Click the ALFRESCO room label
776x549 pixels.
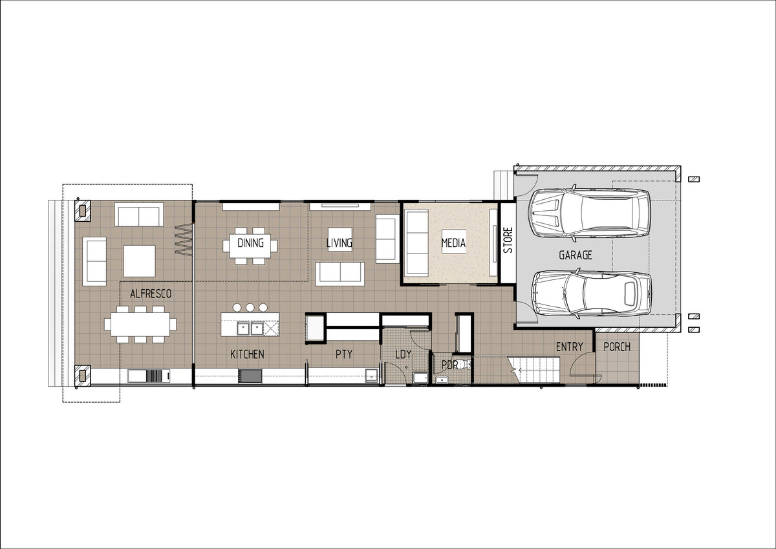pyautogui.click(x=151, y=294)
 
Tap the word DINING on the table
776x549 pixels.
pyautogui.click(x=250, y=242)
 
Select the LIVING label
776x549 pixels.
pyautogui.click(x=339, y=242)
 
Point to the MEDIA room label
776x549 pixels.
pyautogui.click(x=453, y=242)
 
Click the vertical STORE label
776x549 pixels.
pyautogui.click(x=508, y=240)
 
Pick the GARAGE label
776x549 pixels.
pyautogui.click(x=576, y=255)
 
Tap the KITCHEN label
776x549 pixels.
pyautogui.click(x=247, y=354)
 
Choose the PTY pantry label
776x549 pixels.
pyautogui.click(x=344, y=354)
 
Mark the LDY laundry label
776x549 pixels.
pyautogui.click(x=404, y=354)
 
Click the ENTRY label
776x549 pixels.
pyautogui.click(x=570, y=347)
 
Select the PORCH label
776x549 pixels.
pyautogui.click(x=617, y=347)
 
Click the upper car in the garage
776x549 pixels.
pyautogui.click(x=589, y=213)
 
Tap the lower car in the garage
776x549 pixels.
pyautogui.click(x=591, y=294)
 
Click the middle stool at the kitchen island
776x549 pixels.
pyautogui.click(x=250, y=307)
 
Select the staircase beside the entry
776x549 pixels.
pyautogui.click(x=533, y=370)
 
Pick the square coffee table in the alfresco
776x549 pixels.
pyautogui.click(x=139, y=261)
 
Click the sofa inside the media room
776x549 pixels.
pyautogui.click(x=416, y=242)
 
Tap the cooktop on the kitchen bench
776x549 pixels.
pyautogui.click(x=250, y=376)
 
